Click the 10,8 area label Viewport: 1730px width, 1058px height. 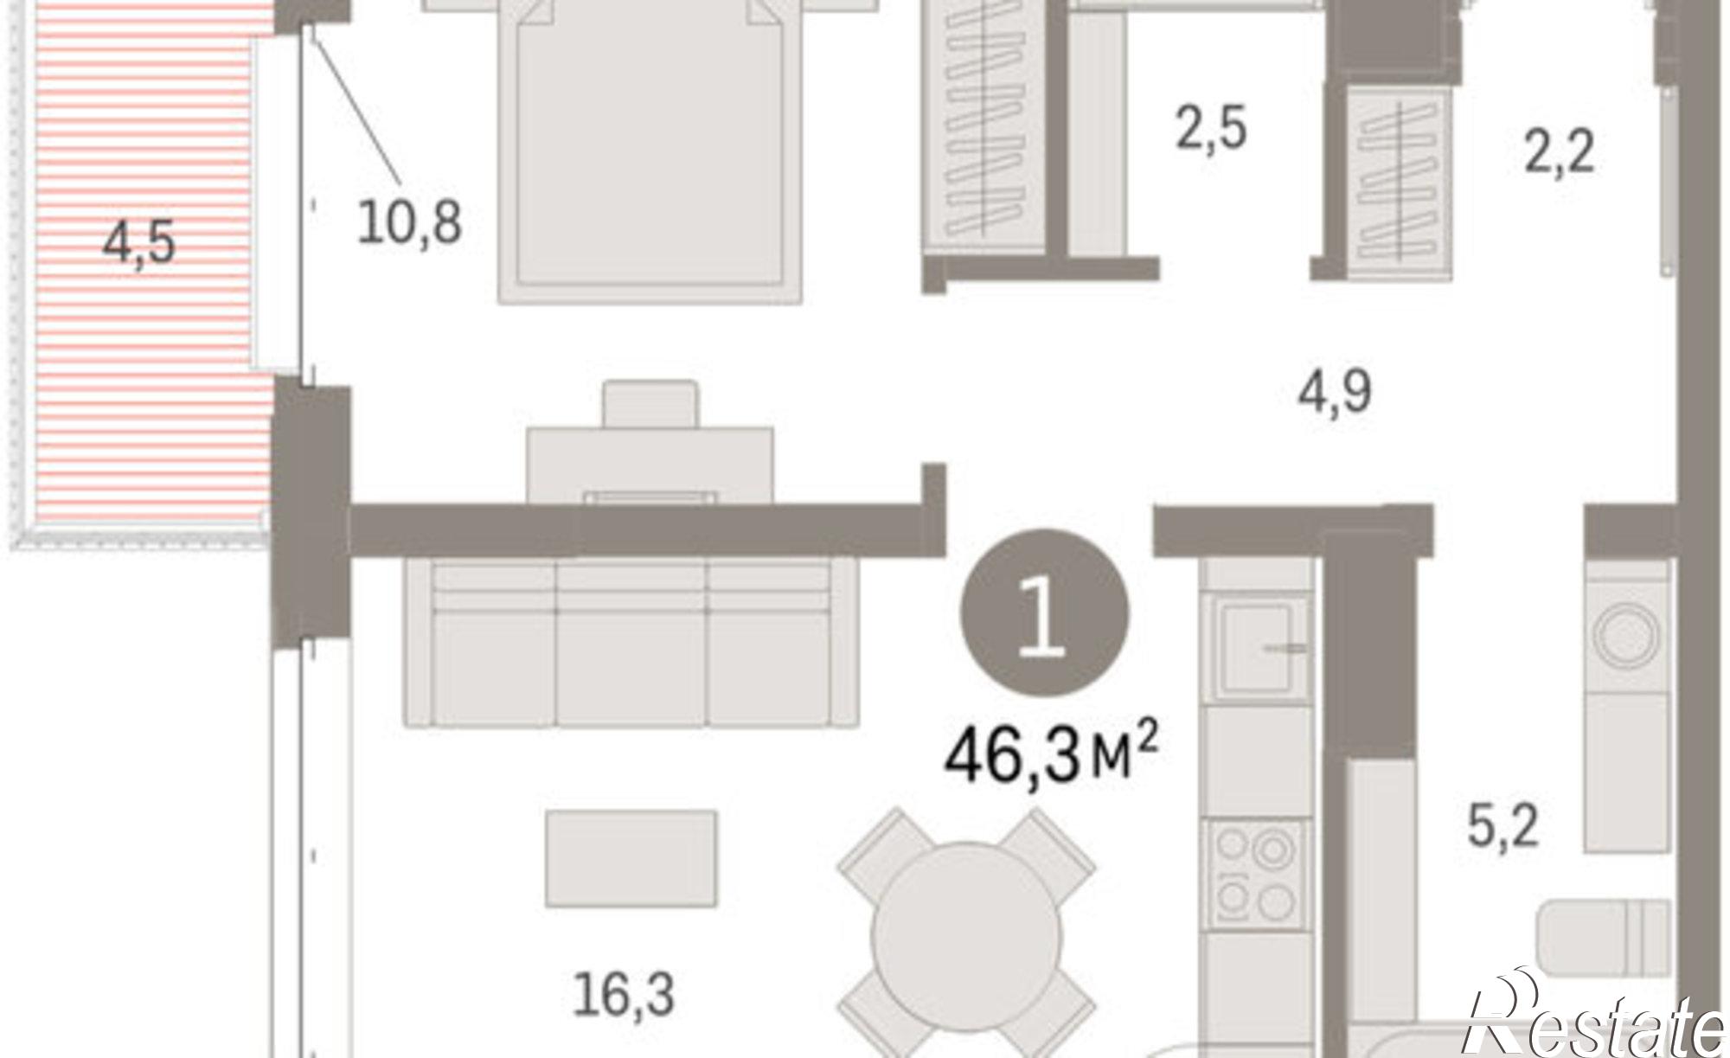pos(409,223)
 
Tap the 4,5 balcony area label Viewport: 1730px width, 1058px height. pos(138,242)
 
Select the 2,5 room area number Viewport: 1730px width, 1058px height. pos(1211,128)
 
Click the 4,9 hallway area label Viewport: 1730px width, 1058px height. pos(1335,392)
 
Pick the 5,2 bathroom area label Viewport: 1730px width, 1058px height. pos(1503,825)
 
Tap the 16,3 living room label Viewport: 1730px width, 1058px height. pos(624,995)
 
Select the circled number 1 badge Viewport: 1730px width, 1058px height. pos(1044,612)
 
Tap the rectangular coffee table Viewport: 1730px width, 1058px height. pos(631,858)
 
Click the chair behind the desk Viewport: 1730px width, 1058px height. pos(650,404)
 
